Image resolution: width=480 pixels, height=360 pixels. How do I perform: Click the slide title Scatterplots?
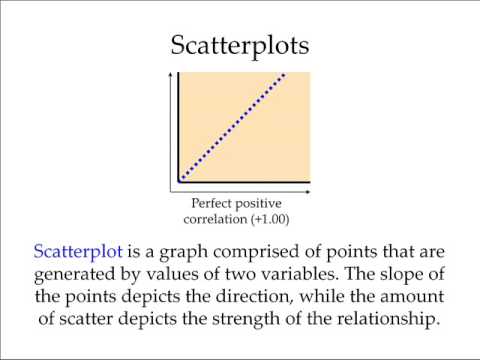click(240, 47)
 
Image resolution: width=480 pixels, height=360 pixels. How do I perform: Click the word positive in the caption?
click(263, 202)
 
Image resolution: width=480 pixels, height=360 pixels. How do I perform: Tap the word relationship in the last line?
click(383, 319)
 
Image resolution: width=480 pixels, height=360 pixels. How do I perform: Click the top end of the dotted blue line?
click(287, 74)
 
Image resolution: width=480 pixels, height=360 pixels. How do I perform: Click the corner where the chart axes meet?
click(178, 183)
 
